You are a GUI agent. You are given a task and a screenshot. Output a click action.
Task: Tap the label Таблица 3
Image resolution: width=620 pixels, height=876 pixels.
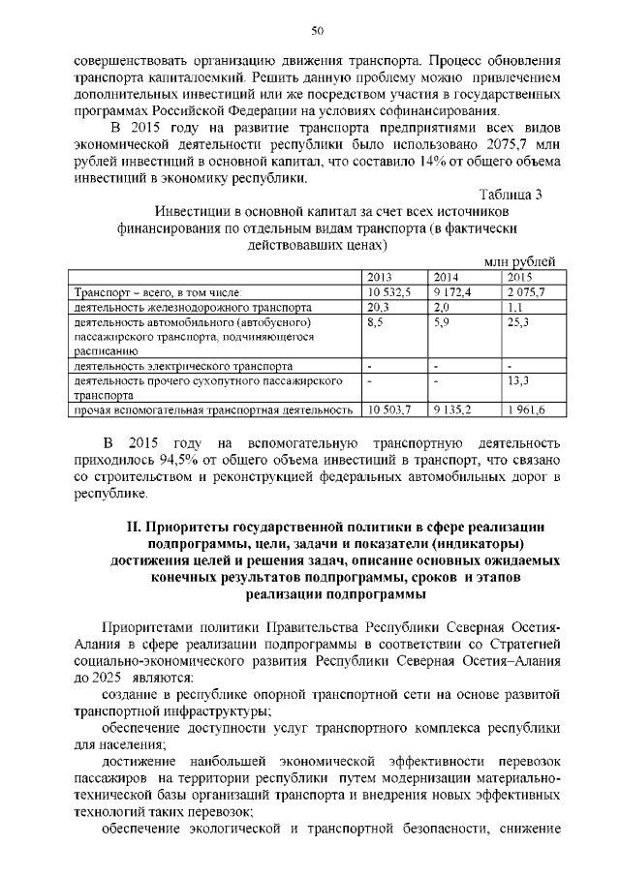point(511,194)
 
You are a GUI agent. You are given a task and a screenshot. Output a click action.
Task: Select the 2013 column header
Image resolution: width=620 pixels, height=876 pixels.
point(380,277)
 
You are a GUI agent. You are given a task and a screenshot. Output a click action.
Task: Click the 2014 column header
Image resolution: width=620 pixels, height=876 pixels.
point(446,277)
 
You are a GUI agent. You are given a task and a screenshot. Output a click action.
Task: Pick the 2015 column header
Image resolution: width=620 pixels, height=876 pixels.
point(520,277)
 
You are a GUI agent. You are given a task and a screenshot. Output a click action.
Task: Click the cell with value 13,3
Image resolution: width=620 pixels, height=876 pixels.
point(518,381)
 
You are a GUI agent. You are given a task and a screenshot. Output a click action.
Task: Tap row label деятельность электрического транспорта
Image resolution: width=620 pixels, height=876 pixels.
point(183,367)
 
